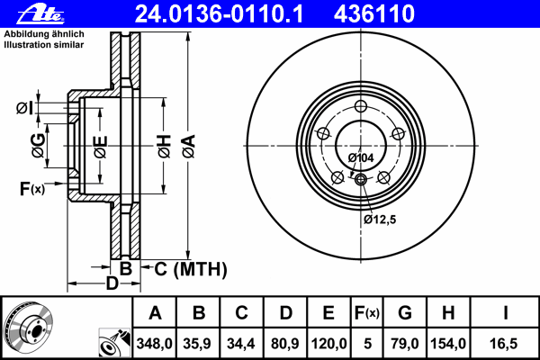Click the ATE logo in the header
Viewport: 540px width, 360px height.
click(40, 14)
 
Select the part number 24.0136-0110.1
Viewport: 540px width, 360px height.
click(219, 14)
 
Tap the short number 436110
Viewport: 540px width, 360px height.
click(374, 14)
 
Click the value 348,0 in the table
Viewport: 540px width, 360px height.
click(154, 344)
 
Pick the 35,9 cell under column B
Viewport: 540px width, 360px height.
click(197, 344)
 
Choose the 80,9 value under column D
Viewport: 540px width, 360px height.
click(285, 344)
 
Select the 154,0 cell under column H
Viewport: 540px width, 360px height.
click(448, 344)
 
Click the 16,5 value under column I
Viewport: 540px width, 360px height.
click(503, 344)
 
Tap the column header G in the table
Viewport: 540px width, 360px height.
click(405, 313)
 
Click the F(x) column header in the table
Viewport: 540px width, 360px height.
click(367, 313)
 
